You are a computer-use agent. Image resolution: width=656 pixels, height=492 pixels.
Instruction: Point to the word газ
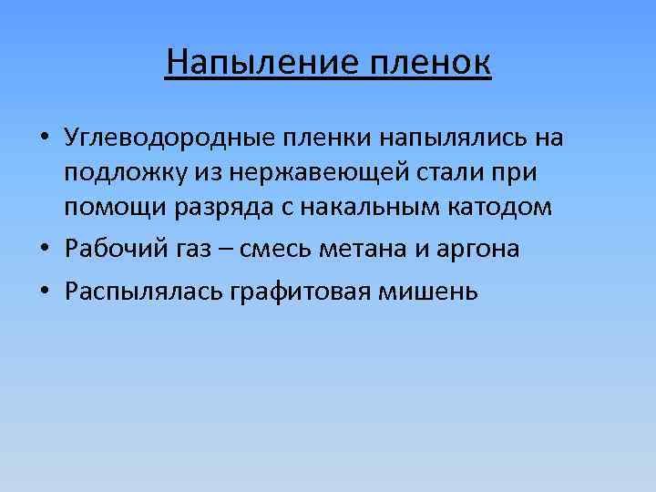[x=179, y=250]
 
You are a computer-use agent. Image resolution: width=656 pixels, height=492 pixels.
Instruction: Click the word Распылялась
[x=131, y=292]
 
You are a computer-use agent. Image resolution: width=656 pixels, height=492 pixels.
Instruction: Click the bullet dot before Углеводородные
[x=43, y=139]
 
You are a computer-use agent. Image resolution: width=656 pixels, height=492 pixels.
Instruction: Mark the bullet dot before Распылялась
[x=43, y=292]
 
